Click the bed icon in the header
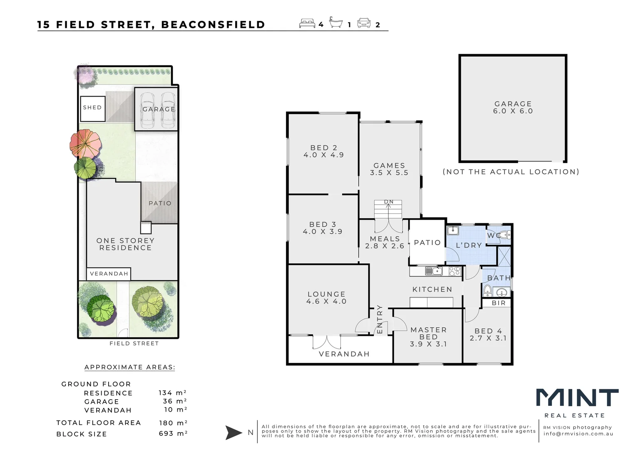[307, 23]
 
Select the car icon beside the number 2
[364, 23]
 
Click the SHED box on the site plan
[92, 108]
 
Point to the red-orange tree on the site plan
[85, 143]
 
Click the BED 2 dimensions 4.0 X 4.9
[323, 155]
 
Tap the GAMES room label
[389, 165]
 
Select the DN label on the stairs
[389, 202]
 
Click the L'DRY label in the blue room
[469, 245]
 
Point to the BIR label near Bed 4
[499, 303]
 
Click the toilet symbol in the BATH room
[488, 290]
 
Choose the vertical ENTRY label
[380, 319]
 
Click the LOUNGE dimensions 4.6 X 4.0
[326, 301]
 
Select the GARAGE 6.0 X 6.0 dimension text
[513, 111]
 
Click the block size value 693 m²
[173, 434]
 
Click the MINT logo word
[577, 398]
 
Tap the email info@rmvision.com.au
[578, 434]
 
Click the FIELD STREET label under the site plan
[134, 344]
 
